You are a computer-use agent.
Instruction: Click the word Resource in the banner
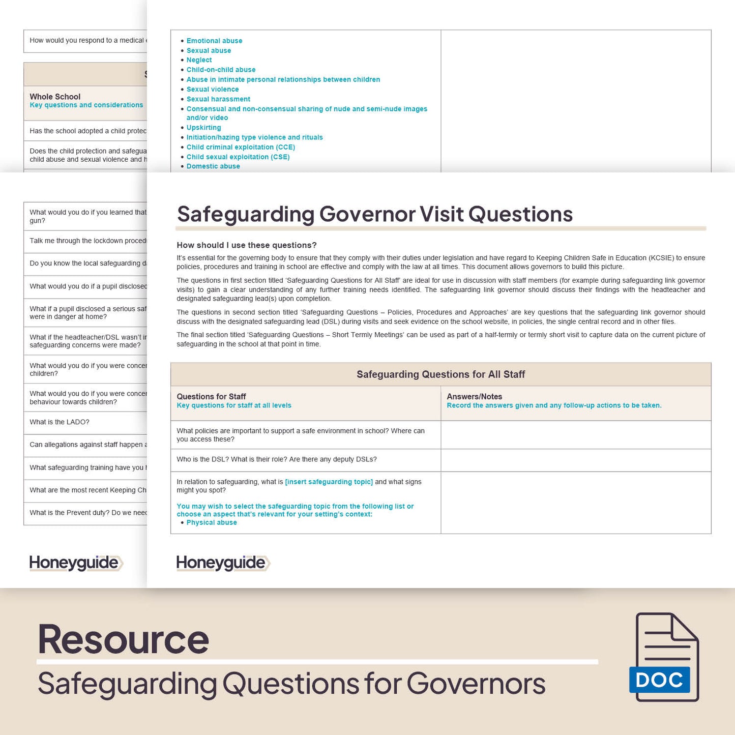[x=123, y=639]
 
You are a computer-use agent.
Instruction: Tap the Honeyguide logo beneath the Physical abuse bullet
[x=222, y=563]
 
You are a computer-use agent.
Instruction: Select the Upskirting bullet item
[x=203, y=128]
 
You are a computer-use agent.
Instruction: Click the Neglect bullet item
[x=199, y=60]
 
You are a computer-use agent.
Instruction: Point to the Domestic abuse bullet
[x=213, y=166]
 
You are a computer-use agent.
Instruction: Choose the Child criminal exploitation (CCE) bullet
[x=241, y=147]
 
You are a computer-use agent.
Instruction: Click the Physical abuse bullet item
[x=212, y=522]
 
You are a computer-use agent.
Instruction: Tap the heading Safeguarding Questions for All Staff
[x=440, y=374]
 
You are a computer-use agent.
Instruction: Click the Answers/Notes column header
[x=474, y=397]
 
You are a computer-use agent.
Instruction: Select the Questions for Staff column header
[x=211, y=397]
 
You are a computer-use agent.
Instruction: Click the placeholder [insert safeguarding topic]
[x=329, y=482]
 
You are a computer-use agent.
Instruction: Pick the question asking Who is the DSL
[x=276, y=459]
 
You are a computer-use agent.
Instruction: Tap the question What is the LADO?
[x=60, y=422]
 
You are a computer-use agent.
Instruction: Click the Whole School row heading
[x=55, y=97]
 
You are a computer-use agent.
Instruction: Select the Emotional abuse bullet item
[x=214, y=41]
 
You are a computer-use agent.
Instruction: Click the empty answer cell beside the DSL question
[x=575, y=460]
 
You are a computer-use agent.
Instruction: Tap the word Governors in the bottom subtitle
[x=476, y=683]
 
